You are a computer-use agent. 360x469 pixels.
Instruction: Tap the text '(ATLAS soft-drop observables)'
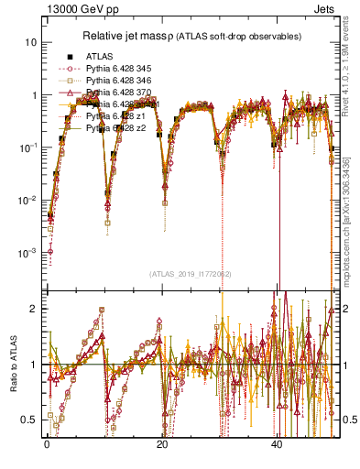pos(248,36)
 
